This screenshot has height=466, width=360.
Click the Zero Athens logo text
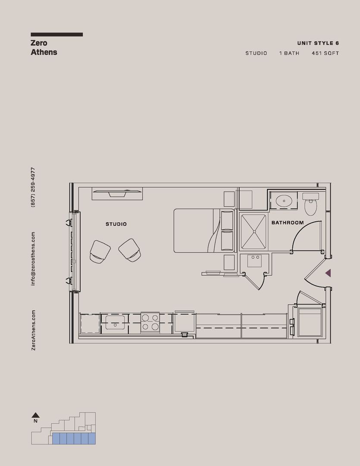pos(44,47)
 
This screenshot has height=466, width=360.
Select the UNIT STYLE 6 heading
pos(318,43)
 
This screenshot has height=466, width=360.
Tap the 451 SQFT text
pos(325,54)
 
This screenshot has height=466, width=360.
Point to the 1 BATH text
pos(289,54)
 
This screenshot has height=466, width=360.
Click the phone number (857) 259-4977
pos(33,187)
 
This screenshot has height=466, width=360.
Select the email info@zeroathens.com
pos(33,258)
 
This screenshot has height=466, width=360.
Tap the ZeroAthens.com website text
pos(33,330)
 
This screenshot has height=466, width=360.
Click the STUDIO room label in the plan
pos(116,224)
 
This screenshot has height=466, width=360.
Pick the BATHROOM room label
pos(287,223)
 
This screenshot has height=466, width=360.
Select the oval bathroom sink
pos(283,200)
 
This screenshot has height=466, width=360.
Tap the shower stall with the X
pos(254,232)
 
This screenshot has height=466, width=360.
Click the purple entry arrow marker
pos(328,273)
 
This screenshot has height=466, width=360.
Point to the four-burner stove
pos(150,322)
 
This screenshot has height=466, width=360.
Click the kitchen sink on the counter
pos(115,321)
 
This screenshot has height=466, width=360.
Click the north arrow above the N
pos(36,415)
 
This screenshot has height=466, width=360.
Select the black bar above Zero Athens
pos(56,35)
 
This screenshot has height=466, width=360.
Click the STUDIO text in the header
pos(256,54)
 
